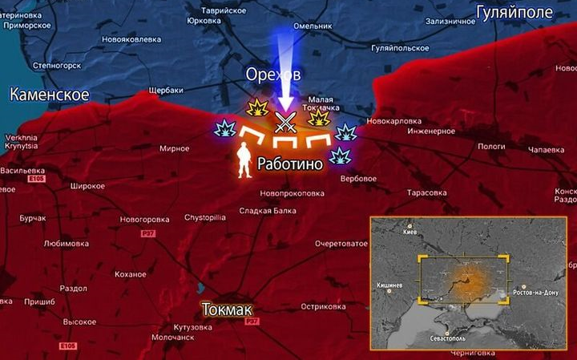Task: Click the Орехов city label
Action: click(273, 75)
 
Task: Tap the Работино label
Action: click(289, 164)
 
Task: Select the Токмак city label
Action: click(227, 309)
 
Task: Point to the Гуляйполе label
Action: click(514, 12)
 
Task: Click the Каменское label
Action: click(49, 95)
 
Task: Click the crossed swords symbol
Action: click(285, 123)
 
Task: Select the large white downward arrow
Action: click(284, 67)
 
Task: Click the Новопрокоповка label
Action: click(292, 193)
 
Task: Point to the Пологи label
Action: click(491, 146)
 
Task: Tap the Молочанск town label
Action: click(173, 338)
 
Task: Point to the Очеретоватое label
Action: click(341, 243)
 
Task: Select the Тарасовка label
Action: click(426, 193)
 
